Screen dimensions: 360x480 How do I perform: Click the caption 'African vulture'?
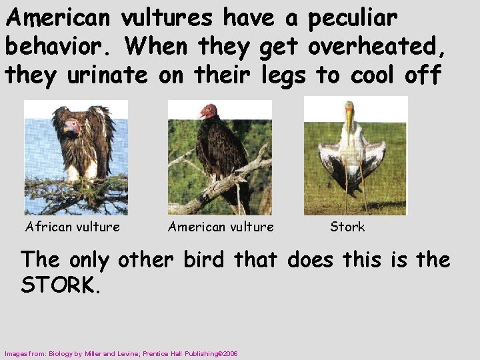tap(73, 227)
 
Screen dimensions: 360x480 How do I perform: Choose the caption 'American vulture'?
tap(221, 227)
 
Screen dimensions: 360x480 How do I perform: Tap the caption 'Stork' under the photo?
tap(347, 227)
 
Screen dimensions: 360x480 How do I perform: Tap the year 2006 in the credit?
tap(230, 353)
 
